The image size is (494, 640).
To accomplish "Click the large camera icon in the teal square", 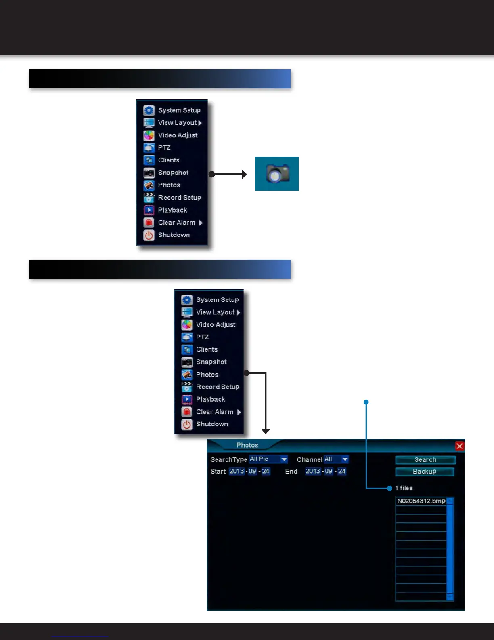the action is coord(277,174).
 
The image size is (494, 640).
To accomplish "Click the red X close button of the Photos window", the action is coord(459,446).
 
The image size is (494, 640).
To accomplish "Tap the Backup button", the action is coord(425,472).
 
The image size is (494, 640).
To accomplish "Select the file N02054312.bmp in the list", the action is coord(421,501).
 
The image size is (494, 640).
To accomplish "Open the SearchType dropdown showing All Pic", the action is coord(284,459).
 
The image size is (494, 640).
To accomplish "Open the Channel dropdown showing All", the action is coord(345,459).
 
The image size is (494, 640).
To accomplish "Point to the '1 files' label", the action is coord(404,488).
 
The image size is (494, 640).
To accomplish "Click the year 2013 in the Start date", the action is coord(237,471).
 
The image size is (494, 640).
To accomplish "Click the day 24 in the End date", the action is coord(342,471).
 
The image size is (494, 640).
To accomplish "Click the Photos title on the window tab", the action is coord(247,445).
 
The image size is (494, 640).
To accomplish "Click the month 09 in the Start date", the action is coord(252,471).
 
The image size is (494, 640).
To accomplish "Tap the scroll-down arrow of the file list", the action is coord(450,597).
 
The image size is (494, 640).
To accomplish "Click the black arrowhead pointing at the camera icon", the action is coord(244,174).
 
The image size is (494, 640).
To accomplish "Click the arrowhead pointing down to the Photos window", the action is coord(266,431).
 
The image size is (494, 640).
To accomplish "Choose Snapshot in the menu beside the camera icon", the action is coord(173,173).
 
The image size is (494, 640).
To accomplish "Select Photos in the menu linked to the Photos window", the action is coord(207,375).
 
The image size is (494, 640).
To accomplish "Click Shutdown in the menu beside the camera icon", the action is coord(174,235).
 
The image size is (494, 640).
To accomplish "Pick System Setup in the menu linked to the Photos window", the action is coord(217,300).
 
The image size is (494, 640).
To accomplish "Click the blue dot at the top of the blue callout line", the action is coord(366,402).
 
